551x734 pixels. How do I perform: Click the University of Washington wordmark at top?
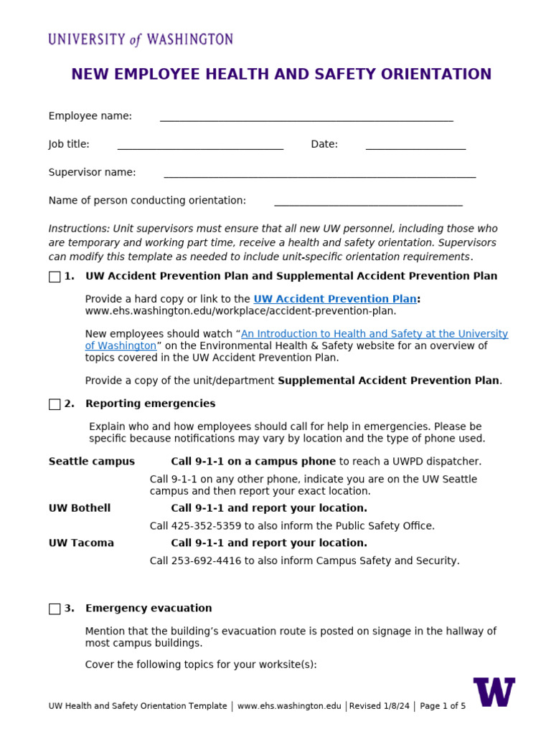[141, 39]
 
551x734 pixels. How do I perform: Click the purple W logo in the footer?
[494, 692]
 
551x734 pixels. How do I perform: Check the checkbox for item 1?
[55, 277]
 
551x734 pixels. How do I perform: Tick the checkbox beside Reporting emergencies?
[55, 404]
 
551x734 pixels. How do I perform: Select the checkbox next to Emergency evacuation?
[55, 609]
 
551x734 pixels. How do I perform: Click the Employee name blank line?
[306, 119]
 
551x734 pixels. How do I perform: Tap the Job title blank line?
[200, 147]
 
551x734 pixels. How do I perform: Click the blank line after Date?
[415, 147]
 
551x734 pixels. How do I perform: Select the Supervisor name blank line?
[319, 175]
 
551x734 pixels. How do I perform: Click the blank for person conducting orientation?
[368, 204]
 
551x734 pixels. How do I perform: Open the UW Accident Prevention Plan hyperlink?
[335, 299]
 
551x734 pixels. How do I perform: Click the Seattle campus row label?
[91, 462]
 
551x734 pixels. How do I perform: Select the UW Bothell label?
[80, 508]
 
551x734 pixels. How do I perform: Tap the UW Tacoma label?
[81, 543]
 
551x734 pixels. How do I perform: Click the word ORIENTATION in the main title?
[436, 75]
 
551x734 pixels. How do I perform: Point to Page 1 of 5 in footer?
[443, 706]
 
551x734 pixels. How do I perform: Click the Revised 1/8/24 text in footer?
[380, 706]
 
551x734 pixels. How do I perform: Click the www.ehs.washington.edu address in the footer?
[289, 706]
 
